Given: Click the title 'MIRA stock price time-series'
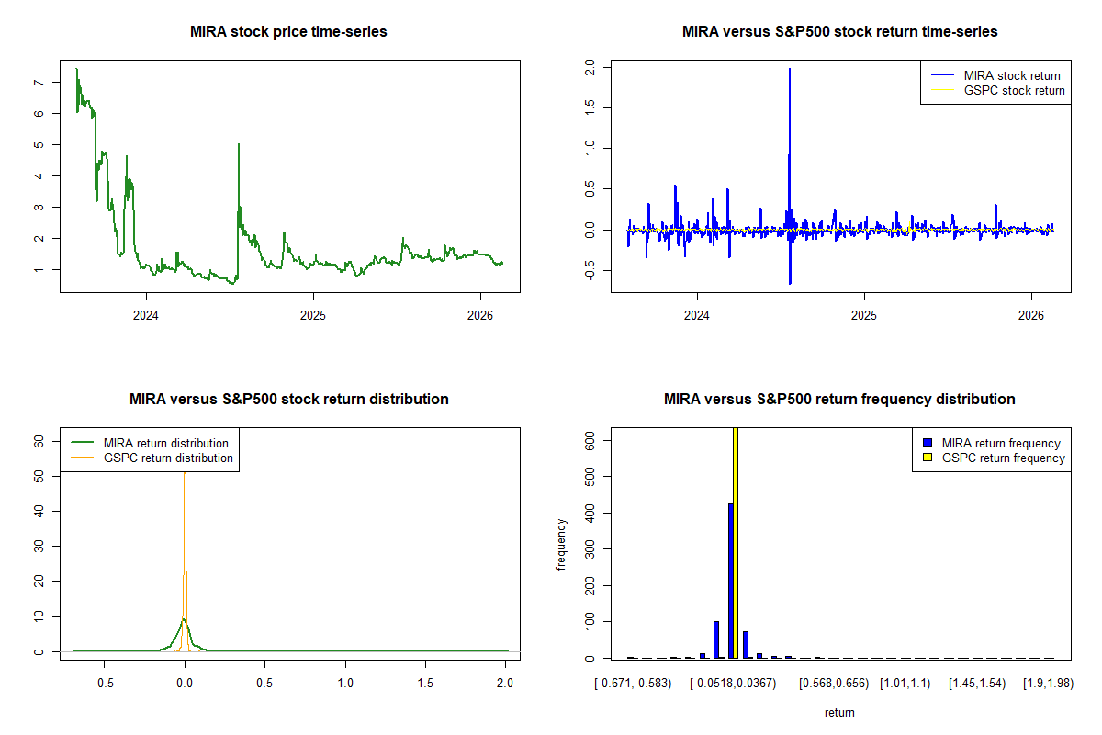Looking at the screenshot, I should [288, 32].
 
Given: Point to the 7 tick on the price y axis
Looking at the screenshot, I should [38, 83].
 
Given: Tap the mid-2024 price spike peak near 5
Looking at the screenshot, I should [239, 145].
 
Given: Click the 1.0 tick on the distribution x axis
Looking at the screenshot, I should [345, 684].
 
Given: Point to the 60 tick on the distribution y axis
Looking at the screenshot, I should [38, 441].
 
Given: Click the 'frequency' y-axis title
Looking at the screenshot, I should [561, 544].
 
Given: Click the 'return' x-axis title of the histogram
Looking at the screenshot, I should [839, 712].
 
